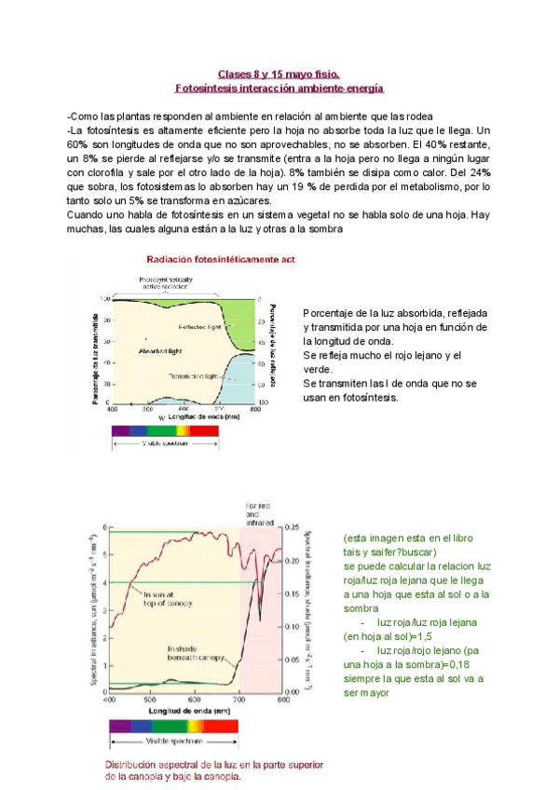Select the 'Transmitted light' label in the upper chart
[194, 376]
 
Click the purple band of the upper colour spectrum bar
[121, 430]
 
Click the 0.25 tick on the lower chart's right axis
[293, 527]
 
